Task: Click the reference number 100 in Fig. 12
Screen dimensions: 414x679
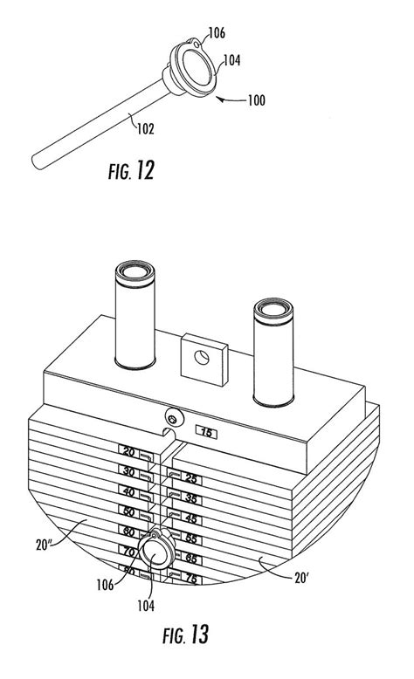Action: point(256,100)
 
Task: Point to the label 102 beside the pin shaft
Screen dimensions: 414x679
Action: point(145,128)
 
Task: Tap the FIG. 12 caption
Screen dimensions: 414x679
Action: point(131,170)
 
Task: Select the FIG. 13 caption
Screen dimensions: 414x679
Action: point(185,634)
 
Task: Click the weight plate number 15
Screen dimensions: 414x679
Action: point(207,432)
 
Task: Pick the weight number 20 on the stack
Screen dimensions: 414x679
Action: point(128,452)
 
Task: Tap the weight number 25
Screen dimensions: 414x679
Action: point(191,478)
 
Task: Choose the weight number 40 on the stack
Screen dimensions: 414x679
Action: point(128,491)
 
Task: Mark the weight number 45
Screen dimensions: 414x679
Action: point(191,518)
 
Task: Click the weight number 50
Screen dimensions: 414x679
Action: point(128,511)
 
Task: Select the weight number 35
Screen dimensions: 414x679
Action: point(191,498)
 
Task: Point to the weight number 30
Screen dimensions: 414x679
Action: point(128,471)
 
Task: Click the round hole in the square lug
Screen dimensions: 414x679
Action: point(202,358)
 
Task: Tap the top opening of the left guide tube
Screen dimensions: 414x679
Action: point(135,272)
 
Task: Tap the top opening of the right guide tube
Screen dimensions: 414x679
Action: point(273,309)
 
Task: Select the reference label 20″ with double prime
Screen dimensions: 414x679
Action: point(45,545)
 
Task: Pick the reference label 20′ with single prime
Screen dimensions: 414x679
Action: point(301,578)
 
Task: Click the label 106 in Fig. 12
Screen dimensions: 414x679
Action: point(217,32)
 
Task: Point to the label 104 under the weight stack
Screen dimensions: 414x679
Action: point(146,606)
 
